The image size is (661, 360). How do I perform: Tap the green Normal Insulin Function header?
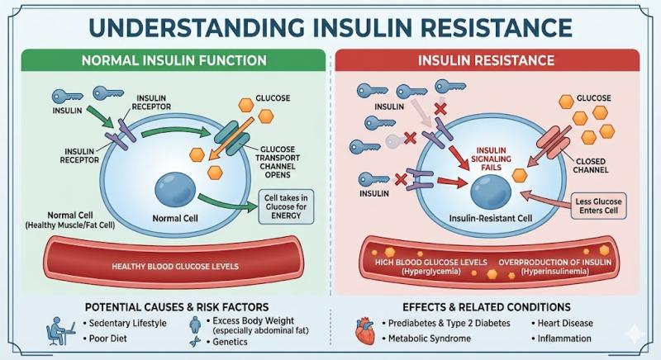(x=174, y=60)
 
